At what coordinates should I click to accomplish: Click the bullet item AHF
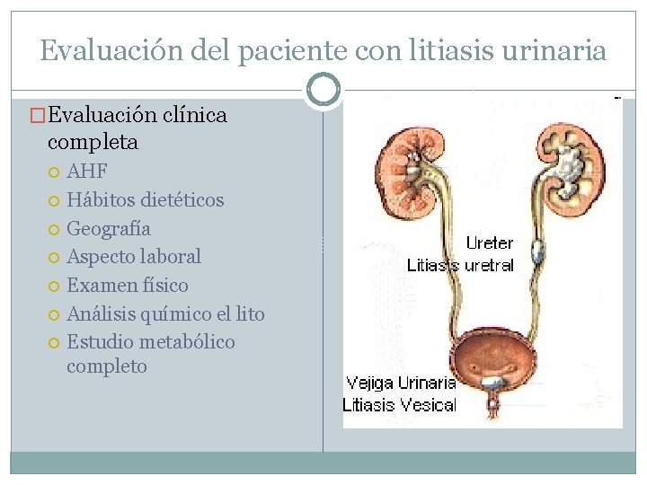point(87,172)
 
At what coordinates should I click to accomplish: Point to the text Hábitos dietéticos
point(145,199)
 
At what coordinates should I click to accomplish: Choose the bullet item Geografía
point(109,228)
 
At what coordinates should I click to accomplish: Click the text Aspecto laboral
point(134,257)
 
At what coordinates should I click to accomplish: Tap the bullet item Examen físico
point(128,286)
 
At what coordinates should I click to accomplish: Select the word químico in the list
point(177,314)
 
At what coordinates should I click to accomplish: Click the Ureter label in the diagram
point(489,243)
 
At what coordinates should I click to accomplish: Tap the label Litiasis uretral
point(460,265)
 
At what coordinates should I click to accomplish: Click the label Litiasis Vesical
point(399,405)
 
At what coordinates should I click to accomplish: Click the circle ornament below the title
point(323,90)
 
